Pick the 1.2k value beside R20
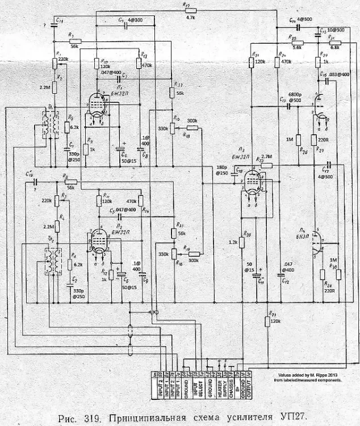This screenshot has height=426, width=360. (x=233, y=241)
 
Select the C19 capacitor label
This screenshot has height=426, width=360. (x=30, y=174)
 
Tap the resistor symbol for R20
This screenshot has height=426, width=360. (x=241, y=243)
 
